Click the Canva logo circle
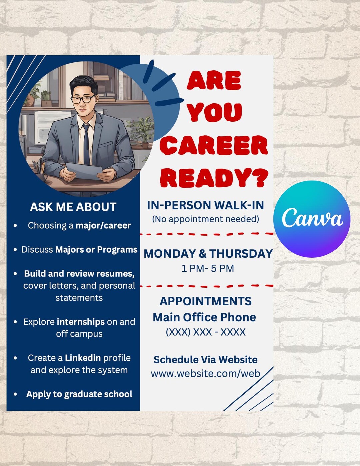(x=312, y=219)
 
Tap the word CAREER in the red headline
(x=214, y=146)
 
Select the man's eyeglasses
(x=83, y=99)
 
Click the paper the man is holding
(x=84, y=170)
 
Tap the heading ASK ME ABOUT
(x=73, y=207)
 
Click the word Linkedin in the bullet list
(x=83, y=358)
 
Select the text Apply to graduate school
(x=79, y=394)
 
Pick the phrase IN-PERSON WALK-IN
(x=205, y=205)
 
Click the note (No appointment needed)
(x=205, y=219)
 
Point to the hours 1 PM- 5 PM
(x=207, y=268)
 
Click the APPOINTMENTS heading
(x=205, y=301)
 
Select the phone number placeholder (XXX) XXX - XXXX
(x=205, y=332)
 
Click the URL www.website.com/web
(x=205, y=373)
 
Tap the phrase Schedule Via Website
(x=205, y=360)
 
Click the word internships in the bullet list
(x=81, y=322)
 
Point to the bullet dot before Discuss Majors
(x=15, y=250)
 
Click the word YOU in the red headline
(x=214, y=112)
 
